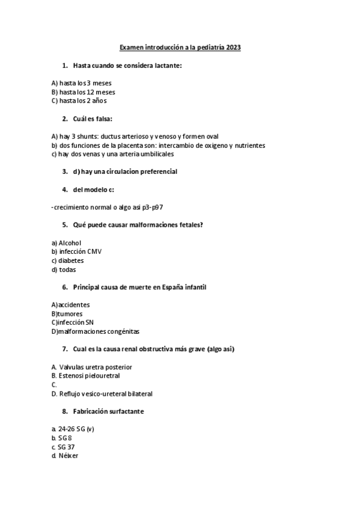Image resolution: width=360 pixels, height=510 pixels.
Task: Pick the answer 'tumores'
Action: coord(70,314)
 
